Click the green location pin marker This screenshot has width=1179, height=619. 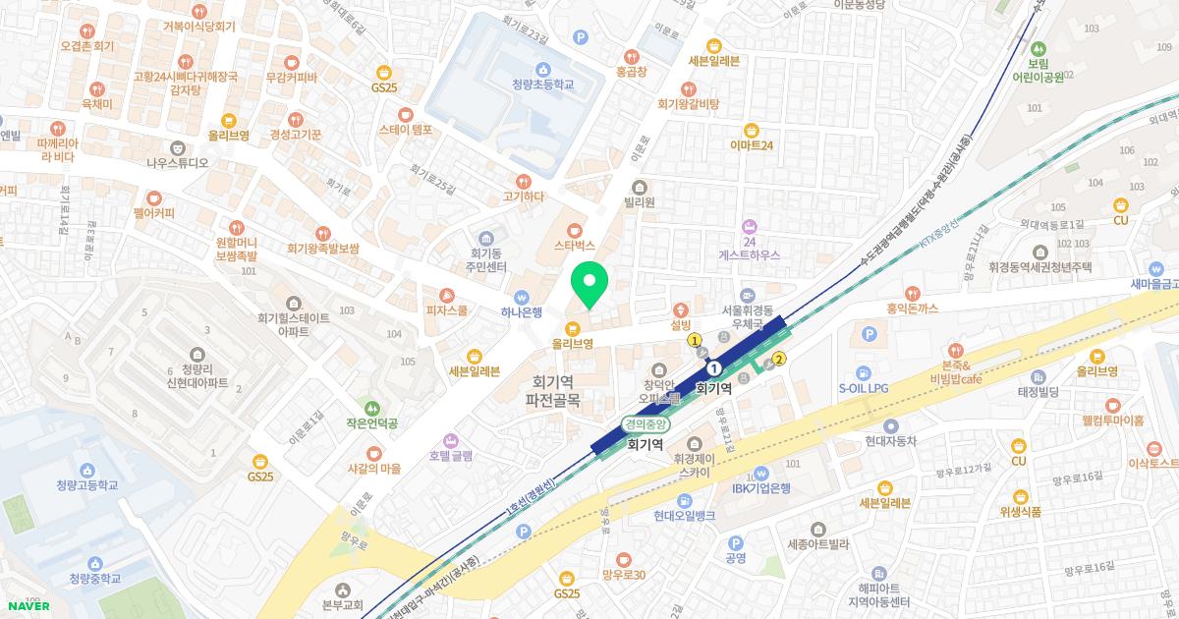pyautogui.click(x=589, y=285)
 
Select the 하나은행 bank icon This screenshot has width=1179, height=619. pyautogui.click(x=523, y=297)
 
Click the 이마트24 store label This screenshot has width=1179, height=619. pyautogui.click(x=752, y=145)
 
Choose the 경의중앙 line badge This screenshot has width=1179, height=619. pyautogui.click(x=646, y=424)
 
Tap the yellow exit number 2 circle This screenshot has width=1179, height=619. pyautogui.click(x=780, y=359)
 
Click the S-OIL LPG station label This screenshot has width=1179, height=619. pyautogui.click(x=863, y=388)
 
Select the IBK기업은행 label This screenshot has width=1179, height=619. pyautogui.click(x=762, y=488)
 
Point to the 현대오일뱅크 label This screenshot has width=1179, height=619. pyautogui.click(x=689, y=515)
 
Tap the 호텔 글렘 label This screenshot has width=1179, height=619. pyautogui.click(x=451, y=456)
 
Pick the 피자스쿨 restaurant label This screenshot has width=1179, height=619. pyautogui.click(x=445, y=310)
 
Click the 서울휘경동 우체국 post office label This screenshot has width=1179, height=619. pyautogui.click(x=750, y=312)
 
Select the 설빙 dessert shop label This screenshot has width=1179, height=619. pyautogui.click(x=682, y=323)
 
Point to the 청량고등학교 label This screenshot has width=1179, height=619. pyautogui.click(x=86, y=485)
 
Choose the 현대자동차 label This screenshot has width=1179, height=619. pyautogui.click(x=891, y=441)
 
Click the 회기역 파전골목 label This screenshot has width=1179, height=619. pyautogui.click(x=552, y=391)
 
